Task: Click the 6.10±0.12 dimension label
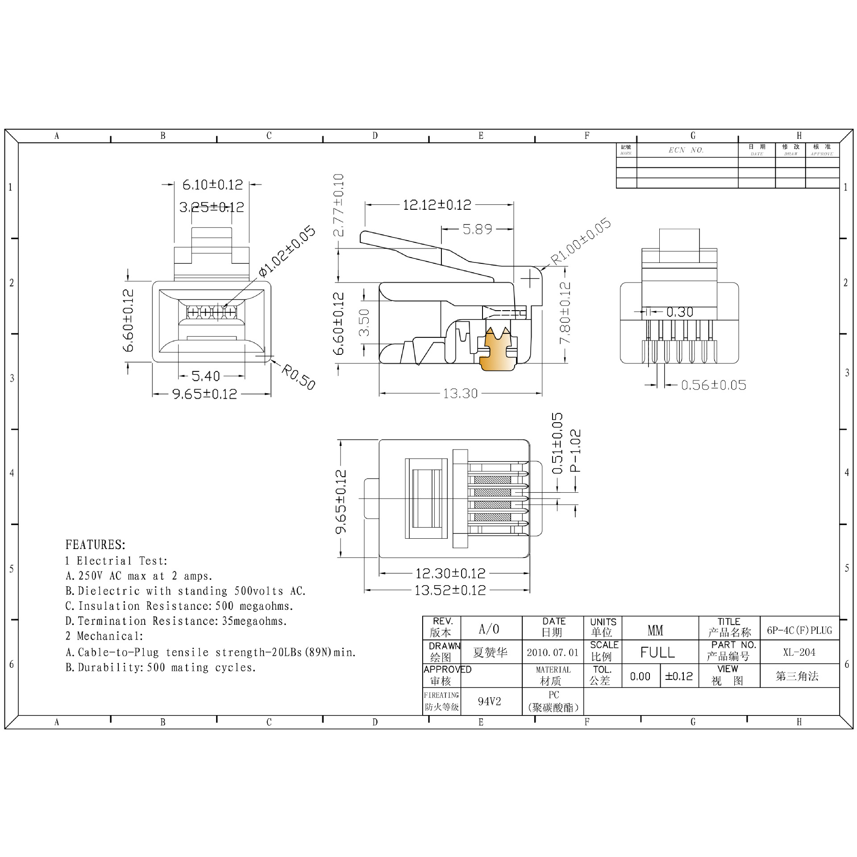(212, 184)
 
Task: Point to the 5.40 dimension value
(206, 376)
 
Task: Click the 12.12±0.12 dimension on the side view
(437, 205)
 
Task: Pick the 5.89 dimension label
(477, 229)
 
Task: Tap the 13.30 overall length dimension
(460, 393)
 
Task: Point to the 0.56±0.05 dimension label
(713, 385)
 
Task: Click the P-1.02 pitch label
(576, 450)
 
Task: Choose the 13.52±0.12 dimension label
(450, 590)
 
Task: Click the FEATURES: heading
(96, 545)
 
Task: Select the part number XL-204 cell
(799, 652)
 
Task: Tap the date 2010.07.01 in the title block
(553, 653)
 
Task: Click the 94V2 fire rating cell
(490, 701)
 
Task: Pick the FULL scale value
(657, 653)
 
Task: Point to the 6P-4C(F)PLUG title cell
(799, 630)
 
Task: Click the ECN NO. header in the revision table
(686, 150)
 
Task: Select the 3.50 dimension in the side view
(365, 322)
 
